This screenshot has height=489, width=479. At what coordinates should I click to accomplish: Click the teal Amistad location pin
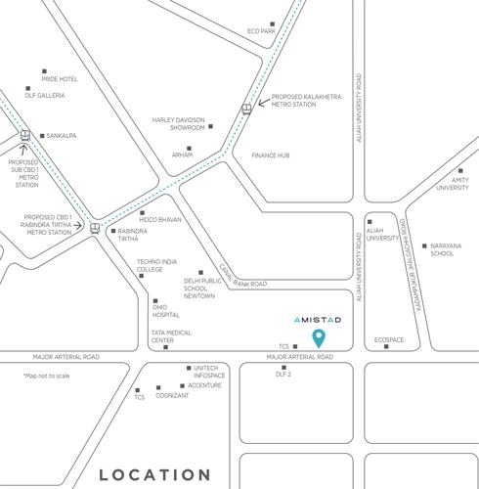[318, 339]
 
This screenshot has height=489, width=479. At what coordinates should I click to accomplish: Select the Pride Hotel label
[60, 78]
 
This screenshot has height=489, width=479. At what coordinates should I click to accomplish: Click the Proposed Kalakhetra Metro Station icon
[247, 109]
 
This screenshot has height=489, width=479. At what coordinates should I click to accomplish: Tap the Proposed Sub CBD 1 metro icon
[24, 138]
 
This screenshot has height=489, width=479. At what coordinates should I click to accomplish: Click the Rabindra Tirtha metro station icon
[95, 228]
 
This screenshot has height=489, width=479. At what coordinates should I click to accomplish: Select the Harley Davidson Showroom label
[177, 124]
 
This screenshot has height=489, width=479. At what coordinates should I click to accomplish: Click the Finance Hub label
[271, 156]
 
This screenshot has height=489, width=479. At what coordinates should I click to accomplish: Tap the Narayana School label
[443, 249]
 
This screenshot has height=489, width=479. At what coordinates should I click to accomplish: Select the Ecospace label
[388, 340]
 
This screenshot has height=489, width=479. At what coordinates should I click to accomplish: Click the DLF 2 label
[284, 375]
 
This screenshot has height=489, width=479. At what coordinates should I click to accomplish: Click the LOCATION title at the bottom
[155, 474]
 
